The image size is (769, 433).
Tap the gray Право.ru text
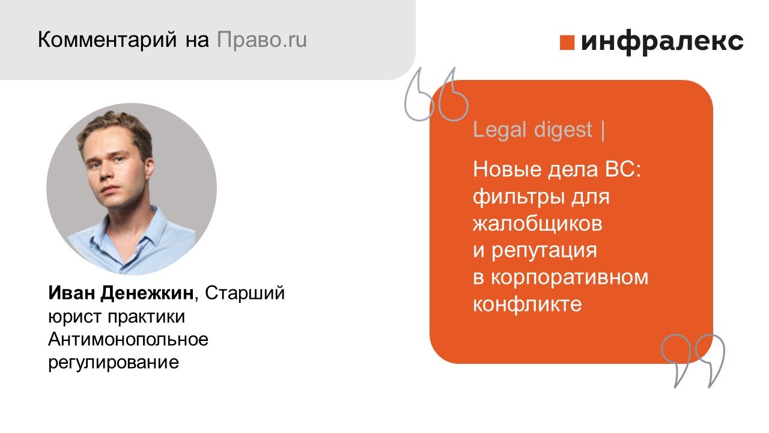(x=261, y=40)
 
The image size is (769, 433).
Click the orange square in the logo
(x=567, y=43)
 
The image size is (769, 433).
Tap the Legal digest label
(x=533, y=130)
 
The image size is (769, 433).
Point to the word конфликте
(x=527, y=304)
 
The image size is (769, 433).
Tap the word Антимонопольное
(x=128, y=340)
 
